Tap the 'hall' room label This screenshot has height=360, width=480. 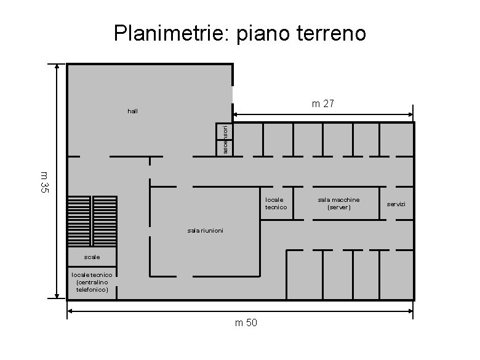click(132, 111)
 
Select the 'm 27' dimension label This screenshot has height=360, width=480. click(322, 104)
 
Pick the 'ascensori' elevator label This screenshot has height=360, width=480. click(226, 140)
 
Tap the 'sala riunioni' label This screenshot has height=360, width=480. click(205, 230)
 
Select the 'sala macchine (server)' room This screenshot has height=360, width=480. click(338, 204)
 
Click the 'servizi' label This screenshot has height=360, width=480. click(396, 204)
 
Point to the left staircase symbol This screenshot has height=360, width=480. click(79, 222)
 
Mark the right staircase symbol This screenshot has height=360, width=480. click(105, 222)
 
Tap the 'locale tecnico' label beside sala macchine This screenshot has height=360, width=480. click(276, 204)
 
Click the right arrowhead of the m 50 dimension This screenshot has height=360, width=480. click(410, 311)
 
